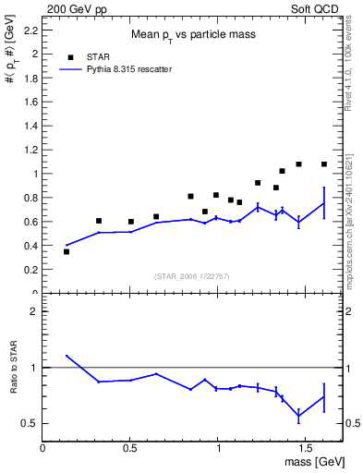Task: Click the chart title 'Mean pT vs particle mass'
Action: pyautogui.click(x=192, y=36)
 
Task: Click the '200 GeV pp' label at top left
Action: pyautogui.click(x=73, y=6)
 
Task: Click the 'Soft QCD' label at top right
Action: pyautogui.click(x=314, y=6)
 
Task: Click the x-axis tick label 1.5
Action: pyautogui.click(x=305, y=447)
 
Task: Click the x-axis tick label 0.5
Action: pyautogui.click(x=130, y=447)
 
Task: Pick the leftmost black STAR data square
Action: pyautogui.click(x=67, y=251)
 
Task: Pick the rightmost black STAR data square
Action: pyautogui.click(x=324, y=164)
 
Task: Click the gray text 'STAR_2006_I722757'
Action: pyautogui.click(x=192, y=277)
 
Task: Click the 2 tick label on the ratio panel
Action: pyautogui.click(x=33, y=312)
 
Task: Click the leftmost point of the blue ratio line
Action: pyautogui.click(x=67, y=356)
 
